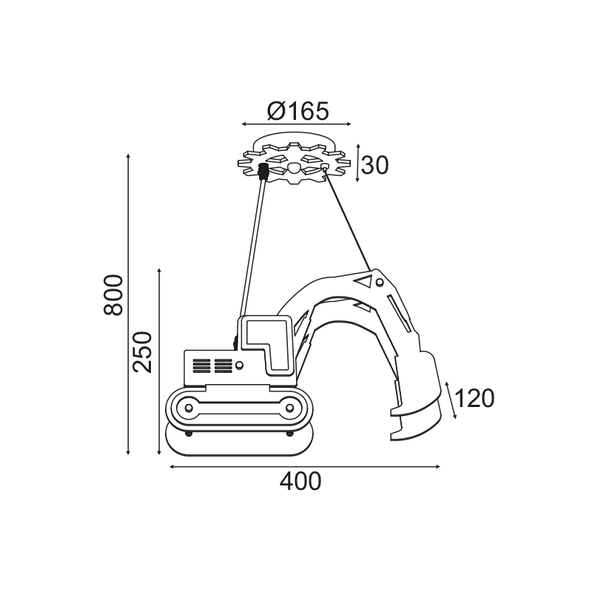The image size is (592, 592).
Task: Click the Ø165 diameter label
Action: click(x=298, y=112)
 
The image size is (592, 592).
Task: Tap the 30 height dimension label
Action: click(x=374, y=165)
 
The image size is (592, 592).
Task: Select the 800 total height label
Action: click(x=113, y=295)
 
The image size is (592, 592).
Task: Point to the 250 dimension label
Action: click(x=144, y=352)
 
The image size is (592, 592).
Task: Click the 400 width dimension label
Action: click(x=300, y=482)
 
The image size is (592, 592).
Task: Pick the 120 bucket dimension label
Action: click(x=474, y=399)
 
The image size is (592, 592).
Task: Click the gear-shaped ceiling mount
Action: click(x=294, y=162)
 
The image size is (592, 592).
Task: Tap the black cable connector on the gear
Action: click(x=263, y=172)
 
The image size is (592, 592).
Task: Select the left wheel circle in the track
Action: click(x=189, y=408)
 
